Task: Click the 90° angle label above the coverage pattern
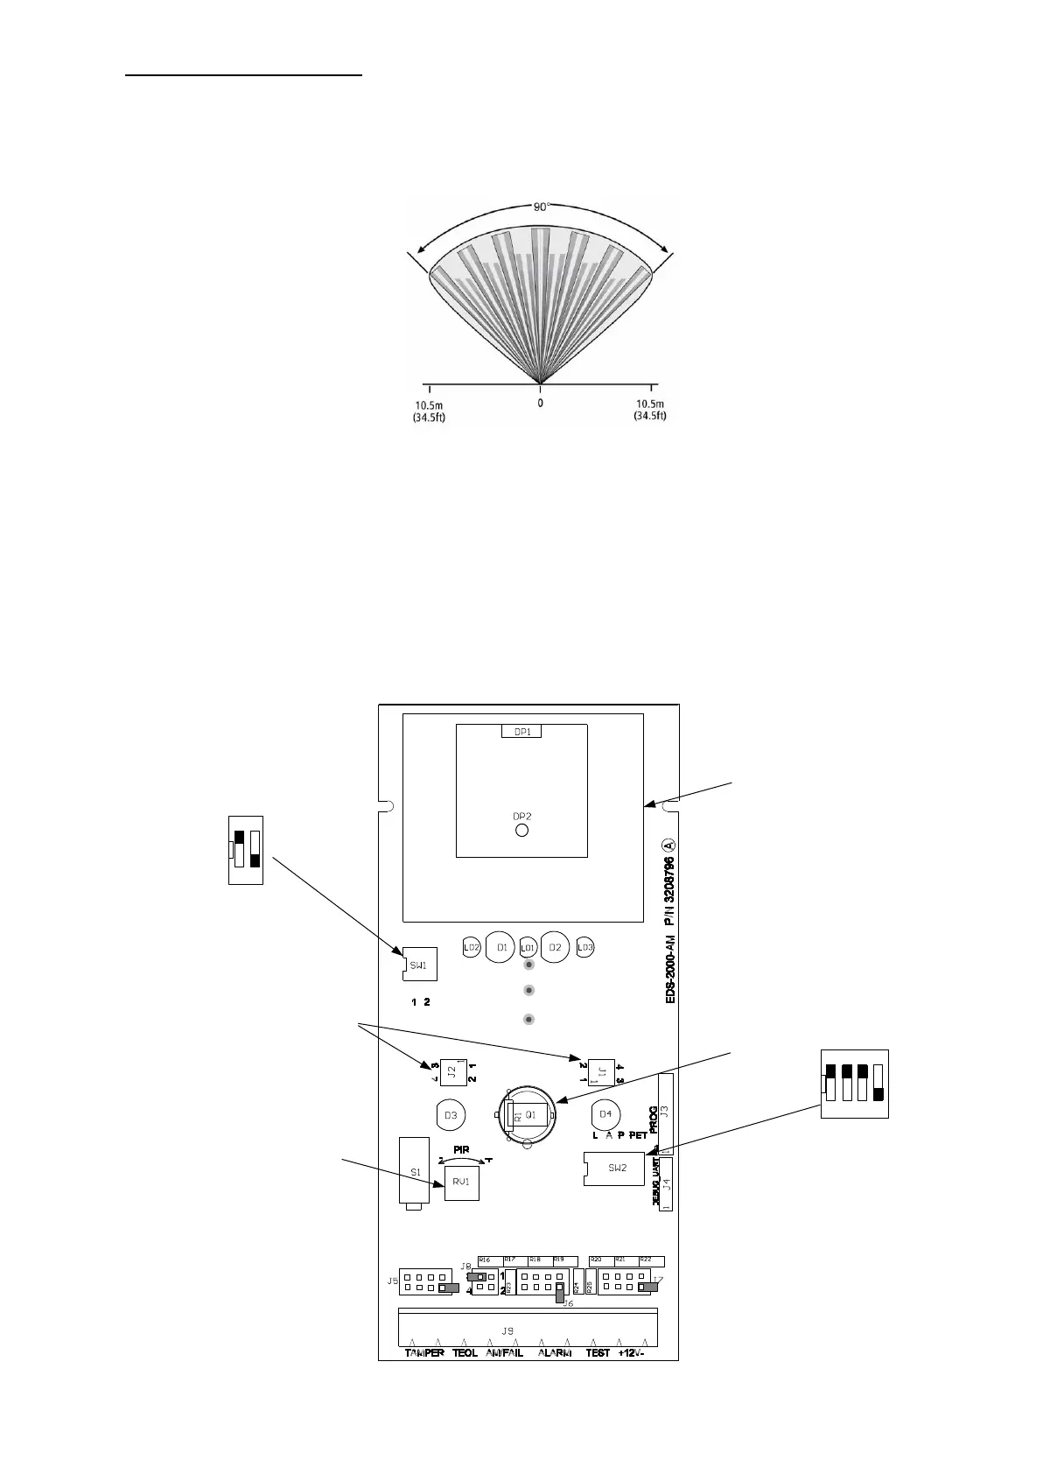point(541,207)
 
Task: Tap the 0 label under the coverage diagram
point(540,404)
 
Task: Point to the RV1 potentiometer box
point(461,1182)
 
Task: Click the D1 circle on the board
point(501,947)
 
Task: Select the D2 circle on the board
point(554,947)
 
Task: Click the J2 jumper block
point(451,1070)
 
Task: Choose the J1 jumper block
point(601,1070)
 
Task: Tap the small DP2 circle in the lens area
point(521,829)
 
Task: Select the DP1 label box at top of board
point(521,731)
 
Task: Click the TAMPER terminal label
point(424,1377)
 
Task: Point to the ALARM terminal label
point(555,1377)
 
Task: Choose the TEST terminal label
point(598,1377)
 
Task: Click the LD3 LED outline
point(585,947)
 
